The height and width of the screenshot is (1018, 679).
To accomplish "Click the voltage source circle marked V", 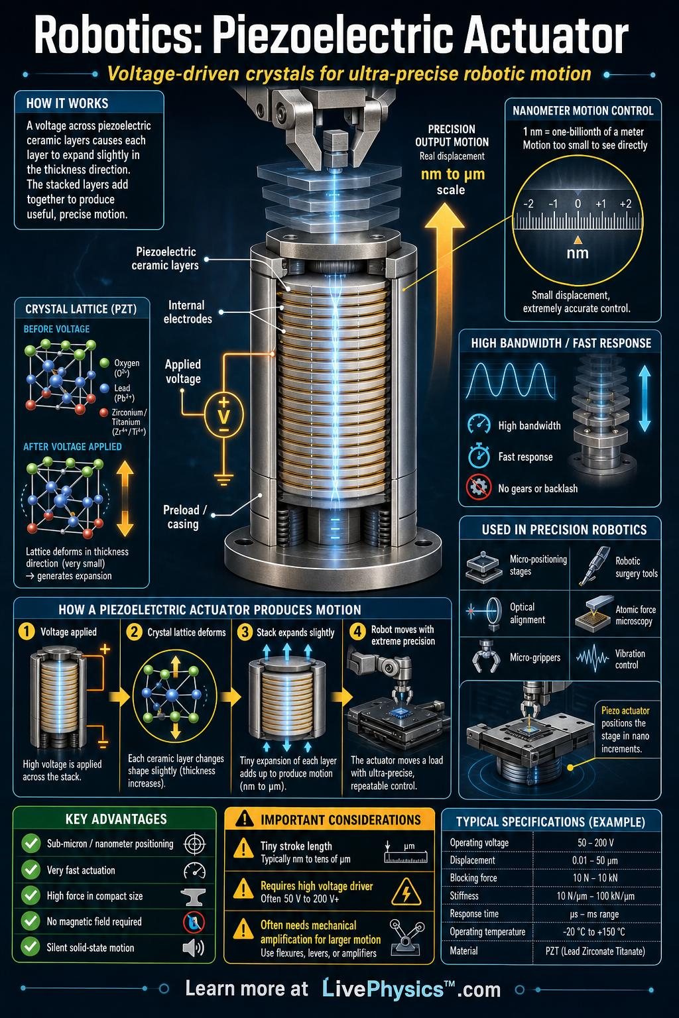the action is [223, 414].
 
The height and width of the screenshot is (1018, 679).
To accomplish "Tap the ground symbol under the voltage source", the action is [223, 479].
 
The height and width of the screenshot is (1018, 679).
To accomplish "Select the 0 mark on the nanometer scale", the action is [578, 203].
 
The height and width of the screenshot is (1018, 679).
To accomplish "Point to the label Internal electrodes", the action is [188, 311].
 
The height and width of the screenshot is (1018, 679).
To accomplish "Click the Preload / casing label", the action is [184, 517].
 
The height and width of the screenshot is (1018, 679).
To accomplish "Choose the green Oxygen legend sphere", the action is [105, 363].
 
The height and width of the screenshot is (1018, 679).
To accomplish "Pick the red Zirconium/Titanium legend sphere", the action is [104, 413].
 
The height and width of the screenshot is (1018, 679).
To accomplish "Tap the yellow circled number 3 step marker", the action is [245, 632].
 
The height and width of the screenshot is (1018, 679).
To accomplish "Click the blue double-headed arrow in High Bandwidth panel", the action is [645, 399].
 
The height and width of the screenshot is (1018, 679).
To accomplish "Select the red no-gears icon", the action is [479, 488].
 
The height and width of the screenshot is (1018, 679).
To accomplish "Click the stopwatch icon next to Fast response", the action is [479, 455].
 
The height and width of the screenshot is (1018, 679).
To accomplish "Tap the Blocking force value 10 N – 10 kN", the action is [595, 878].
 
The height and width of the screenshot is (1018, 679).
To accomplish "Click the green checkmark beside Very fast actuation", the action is [31, 870].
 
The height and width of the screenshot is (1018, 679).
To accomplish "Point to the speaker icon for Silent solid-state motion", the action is [194, 948].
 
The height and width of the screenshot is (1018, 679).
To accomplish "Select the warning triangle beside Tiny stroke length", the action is [243, 848].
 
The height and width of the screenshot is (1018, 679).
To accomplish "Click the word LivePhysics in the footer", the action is [383, 989].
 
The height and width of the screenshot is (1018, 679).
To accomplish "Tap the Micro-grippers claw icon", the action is [482, 656].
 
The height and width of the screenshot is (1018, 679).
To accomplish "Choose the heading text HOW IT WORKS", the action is [68, 103].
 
